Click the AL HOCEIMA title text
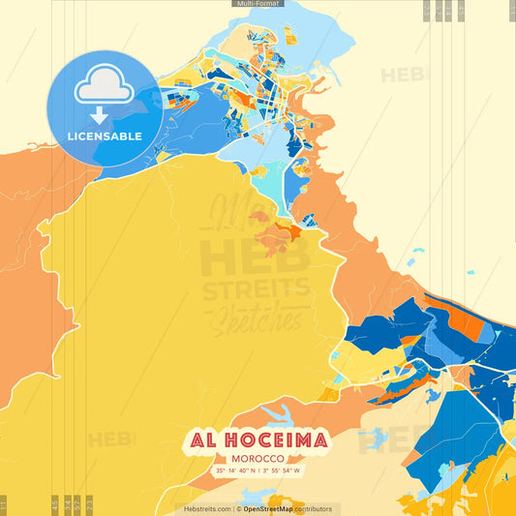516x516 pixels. [x=257, y=441]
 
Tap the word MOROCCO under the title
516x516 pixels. [x=257, y=459]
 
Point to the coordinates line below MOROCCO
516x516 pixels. [x=257, y=471]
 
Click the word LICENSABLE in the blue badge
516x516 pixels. [x=105, y=137]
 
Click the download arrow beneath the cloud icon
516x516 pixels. [x=105, y=113]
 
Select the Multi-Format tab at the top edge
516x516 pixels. [x=257, y=4]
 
